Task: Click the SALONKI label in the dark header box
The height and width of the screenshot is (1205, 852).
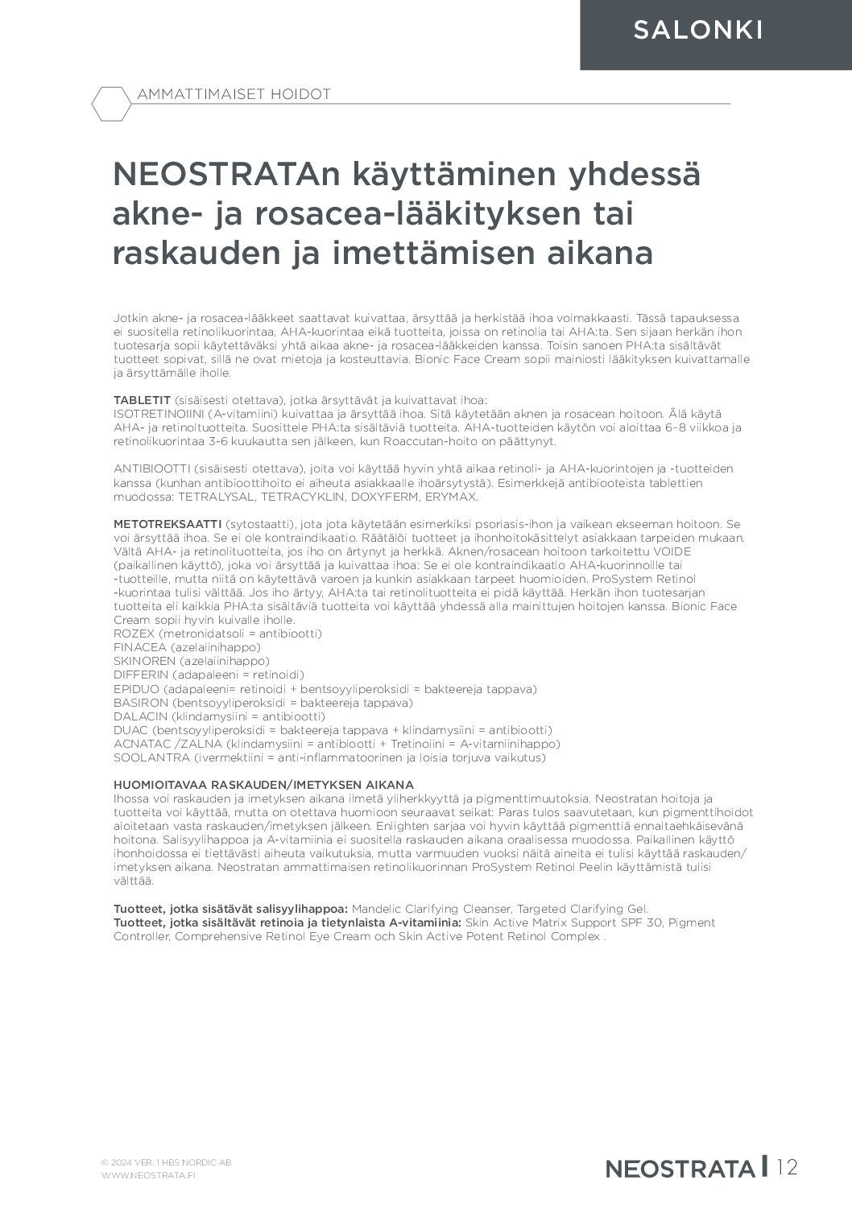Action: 697,31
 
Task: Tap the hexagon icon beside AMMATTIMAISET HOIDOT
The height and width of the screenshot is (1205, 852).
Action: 111,103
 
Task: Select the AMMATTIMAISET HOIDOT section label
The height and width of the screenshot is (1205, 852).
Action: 234,94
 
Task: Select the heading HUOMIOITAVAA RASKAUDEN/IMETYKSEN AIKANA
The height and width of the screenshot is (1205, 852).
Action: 263,784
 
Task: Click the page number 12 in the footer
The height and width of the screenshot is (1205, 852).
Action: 788,1167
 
